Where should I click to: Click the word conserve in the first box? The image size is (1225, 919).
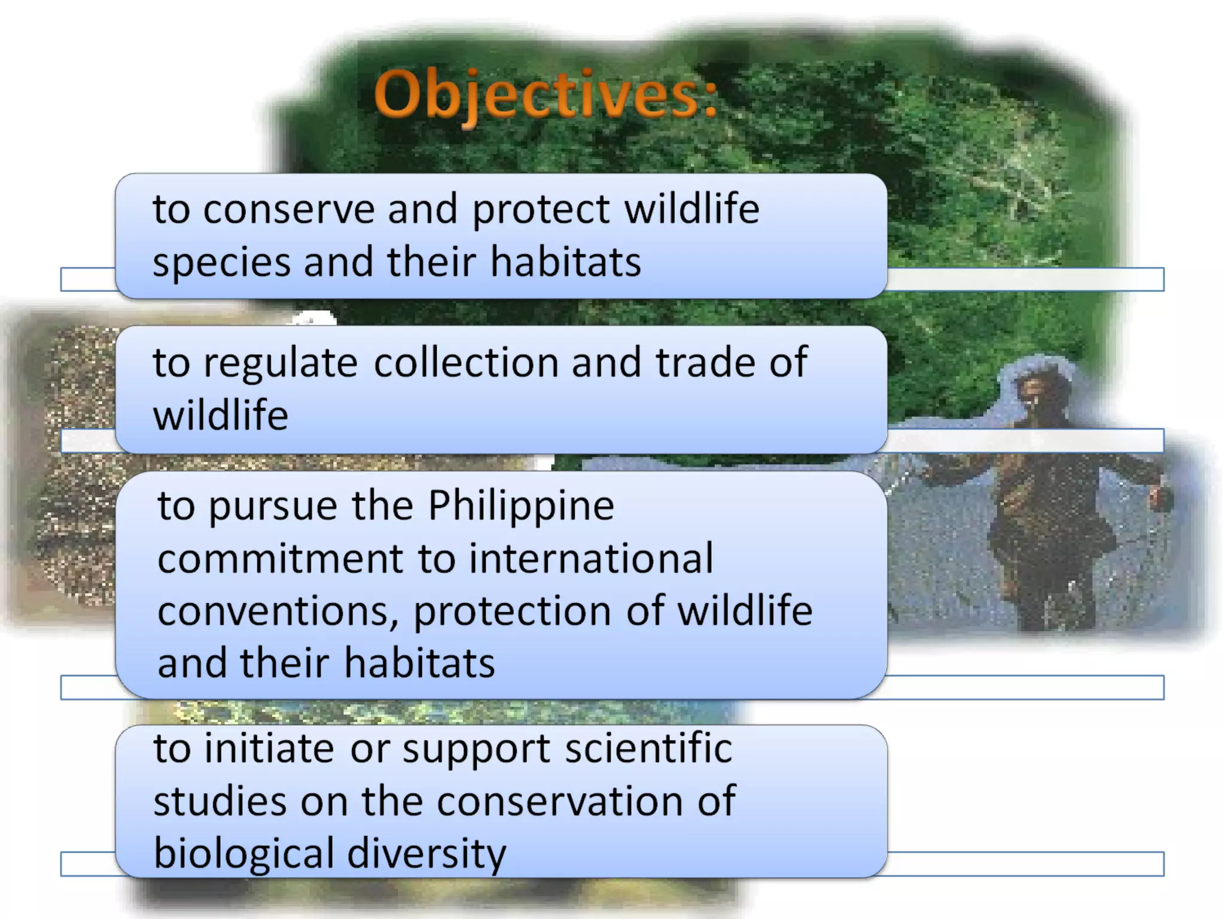[x=288, y=209]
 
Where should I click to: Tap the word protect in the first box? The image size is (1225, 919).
[x=541, y=211]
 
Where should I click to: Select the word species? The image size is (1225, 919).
[x=221, y=263]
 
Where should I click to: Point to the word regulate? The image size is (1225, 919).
[x=281, y=364]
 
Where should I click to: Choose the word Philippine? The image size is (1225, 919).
[x=521, y=506]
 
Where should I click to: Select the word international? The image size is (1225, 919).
[x=591, y=559]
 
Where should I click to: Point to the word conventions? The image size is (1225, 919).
[x=278, y=611]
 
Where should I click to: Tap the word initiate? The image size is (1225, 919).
[x=269, y=749]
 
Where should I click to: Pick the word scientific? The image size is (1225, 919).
[x=648, y=748]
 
